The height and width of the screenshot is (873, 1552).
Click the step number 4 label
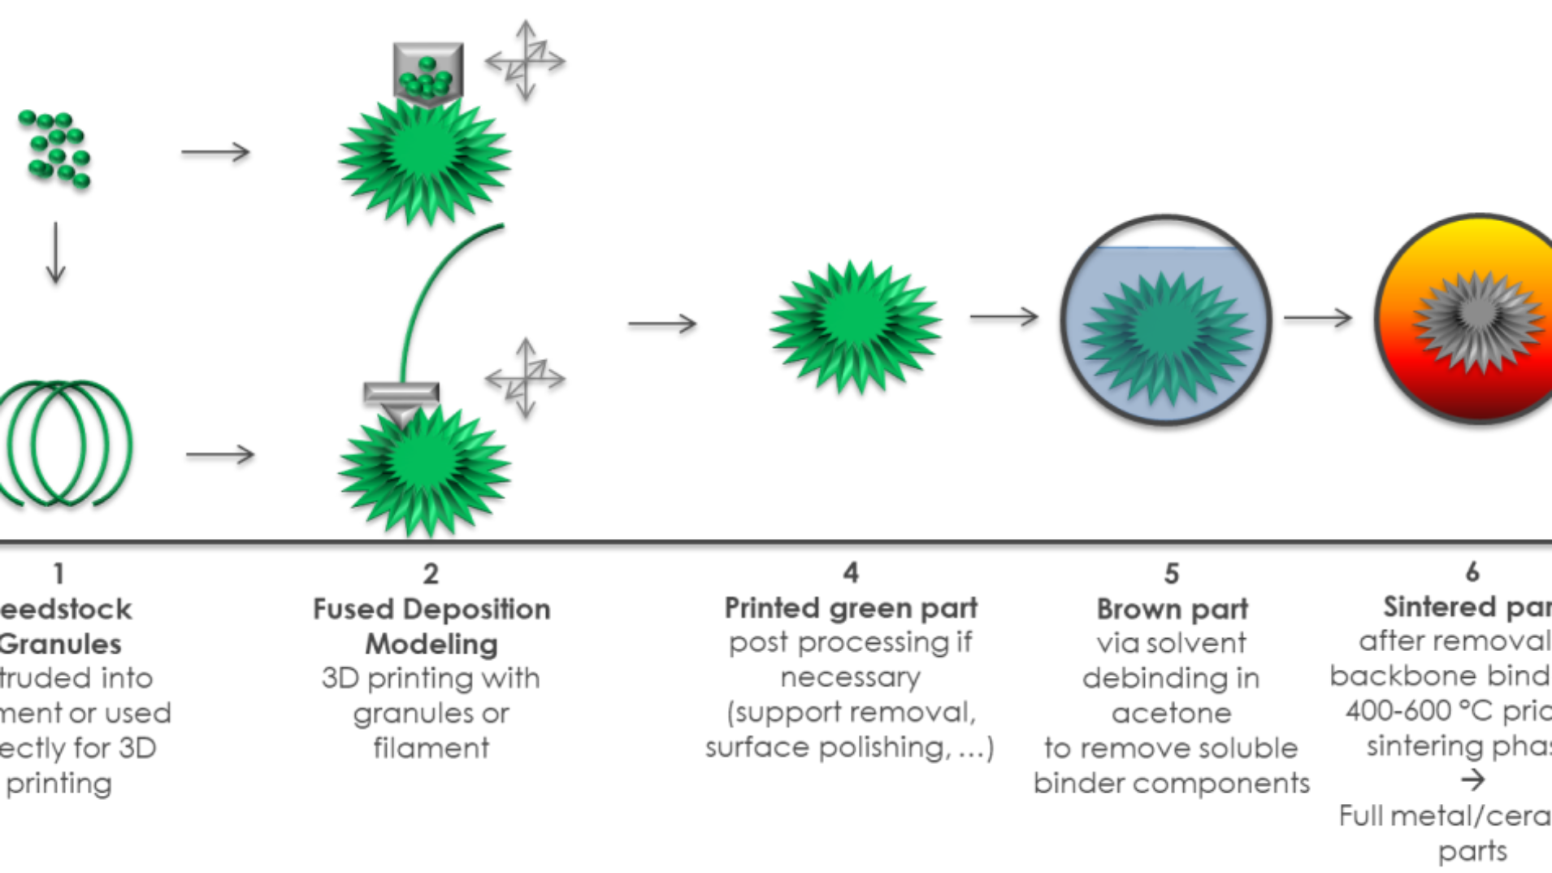pos(850,572)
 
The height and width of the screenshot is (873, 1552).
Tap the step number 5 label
pos(1171,574)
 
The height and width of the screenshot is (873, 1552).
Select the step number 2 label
pos(431,574)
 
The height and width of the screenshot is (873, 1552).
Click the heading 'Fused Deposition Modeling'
pos(431,626)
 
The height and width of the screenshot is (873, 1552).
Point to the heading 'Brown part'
pos(1172,609)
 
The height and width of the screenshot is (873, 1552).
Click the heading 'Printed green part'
pos(851,608)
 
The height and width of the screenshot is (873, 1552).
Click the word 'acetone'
pos(1171,713)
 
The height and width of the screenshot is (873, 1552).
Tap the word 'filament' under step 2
pos(431,748)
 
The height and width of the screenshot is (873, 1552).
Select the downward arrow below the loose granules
pos(55,253)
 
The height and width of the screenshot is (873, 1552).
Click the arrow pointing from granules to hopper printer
pos(215,152)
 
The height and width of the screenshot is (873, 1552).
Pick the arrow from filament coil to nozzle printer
pos(220,454)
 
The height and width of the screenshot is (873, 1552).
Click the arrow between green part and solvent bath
pos(1004,316)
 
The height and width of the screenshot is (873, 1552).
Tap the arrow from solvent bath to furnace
pos(1318,318)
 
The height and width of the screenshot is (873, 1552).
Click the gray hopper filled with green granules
pos(428,74)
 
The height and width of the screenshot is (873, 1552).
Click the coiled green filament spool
pos(65,443)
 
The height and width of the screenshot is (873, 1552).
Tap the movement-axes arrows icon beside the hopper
pos(525,60)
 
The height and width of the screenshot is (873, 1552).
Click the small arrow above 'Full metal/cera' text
pos(1472,780)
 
